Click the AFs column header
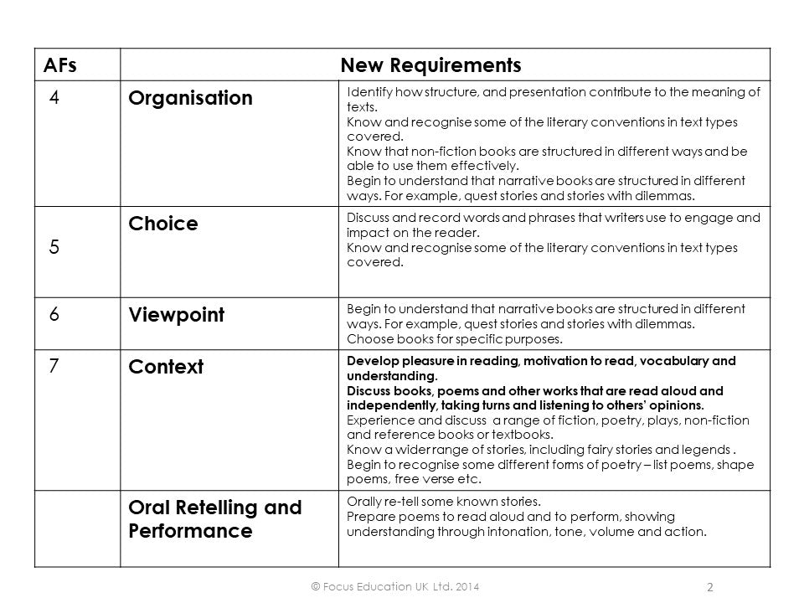coord(59,64)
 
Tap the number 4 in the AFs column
coord(54,98)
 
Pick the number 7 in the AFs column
coord(54,366)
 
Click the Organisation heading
coord(190,98)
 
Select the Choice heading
coord(163,224)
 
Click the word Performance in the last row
coord(190,531)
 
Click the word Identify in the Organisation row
coord(365,91)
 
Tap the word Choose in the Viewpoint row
coord(367,339)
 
